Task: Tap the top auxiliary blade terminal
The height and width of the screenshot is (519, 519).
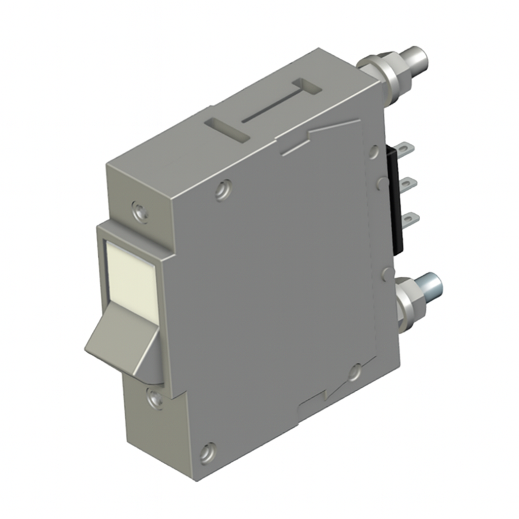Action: click(x=405, y=149)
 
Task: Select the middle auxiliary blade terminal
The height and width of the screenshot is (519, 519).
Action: click(x=409, y=183)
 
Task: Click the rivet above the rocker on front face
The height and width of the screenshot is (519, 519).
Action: click(x=140, y=211)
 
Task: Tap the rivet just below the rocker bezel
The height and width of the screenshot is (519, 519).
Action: click(x=155, y=398)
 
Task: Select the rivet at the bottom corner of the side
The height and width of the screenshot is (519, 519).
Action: click(x=207, y=452)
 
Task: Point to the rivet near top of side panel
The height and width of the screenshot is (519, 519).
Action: click(x=224, y=190)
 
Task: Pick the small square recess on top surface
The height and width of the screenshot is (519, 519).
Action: click(x=308, y=86)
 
